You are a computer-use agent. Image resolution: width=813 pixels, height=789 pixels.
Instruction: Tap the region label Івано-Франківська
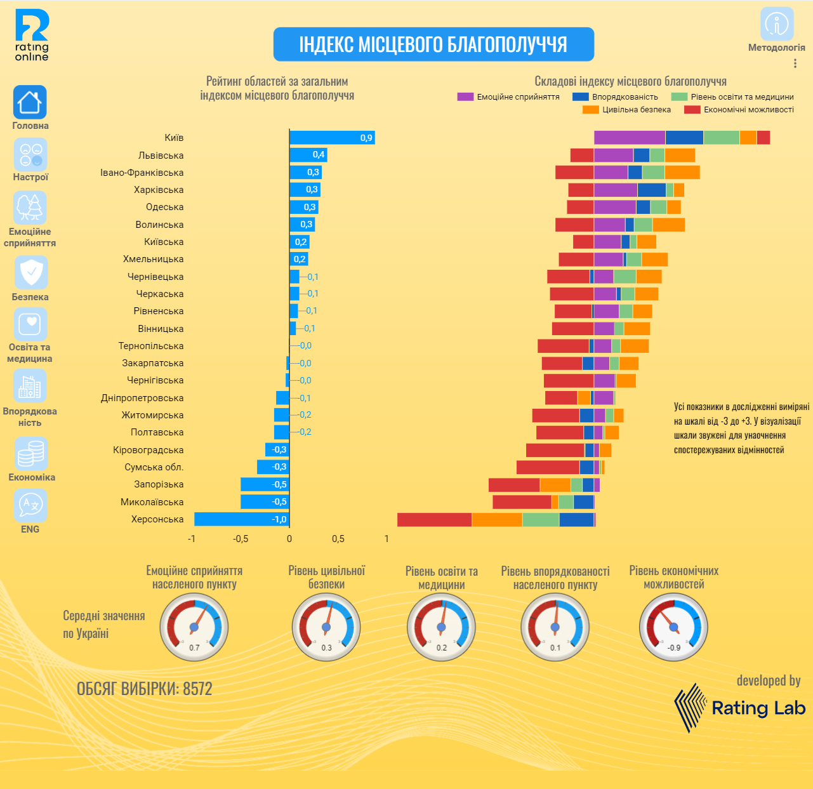point(142,173)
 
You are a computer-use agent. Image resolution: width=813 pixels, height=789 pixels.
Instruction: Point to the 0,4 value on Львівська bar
point(319,155)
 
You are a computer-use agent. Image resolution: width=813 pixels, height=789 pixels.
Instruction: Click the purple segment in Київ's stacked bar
point(629,138)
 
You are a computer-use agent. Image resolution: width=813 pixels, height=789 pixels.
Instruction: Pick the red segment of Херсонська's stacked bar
point(434,519)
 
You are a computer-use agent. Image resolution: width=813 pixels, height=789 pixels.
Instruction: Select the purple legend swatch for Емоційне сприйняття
point(465,97)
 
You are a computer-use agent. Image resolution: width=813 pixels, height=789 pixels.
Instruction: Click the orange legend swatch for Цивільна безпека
point(590,110)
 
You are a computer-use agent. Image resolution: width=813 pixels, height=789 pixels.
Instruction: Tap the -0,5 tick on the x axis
point(241,539)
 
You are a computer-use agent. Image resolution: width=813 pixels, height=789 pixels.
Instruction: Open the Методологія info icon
point(777,24)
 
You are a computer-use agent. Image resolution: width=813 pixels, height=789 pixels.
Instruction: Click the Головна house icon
point(30,102)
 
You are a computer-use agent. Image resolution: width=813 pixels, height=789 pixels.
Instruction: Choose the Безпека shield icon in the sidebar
point(30,272)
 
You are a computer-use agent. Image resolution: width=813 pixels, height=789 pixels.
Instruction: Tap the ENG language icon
point(30,505)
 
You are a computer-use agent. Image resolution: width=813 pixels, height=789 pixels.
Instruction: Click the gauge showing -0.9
point(673,627)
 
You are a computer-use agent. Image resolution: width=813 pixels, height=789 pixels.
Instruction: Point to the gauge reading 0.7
point(194,627)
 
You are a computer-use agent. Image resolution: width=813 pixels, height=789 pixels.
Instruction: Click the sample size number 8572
point(197,689)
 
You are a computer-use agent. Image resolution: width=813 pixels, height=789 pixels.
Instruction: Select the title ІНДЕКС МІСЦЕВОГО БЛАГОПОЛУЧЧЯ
point(433,44)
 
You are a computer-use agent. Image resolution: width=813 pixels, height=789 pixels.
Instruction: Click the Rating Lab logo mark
point(690,707)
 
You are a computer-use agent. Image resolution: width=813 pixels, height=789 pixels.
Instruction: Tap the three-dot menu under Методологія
point(795,63)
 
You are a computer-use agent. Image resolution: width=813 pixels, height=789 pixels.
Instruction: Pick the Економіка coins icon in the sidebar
point(30,453)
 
